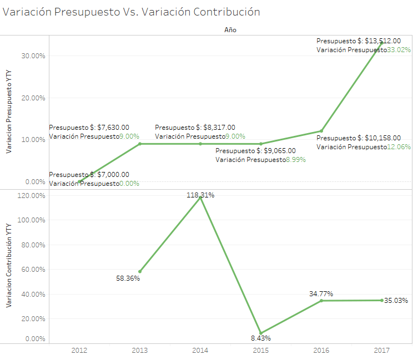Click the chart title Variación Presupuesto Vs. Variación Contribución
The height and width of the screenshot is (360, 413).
pos(132,11)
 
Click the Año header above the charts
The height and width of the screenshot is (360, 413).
pos(230,30)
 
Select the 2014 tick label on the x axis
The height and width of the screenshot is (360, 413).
pos(200,350)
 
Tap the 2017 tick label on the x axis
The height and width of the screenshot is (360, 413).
pos(381,350)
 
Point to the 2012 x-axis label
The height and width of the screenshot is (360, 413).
pos(79,350)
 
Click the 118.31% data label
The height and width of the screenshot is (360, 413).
pos(200,195)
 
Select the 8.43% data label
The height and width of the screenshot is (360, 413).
pos(260,338)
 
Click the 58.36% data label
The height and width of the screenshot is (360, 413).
pos(128,278)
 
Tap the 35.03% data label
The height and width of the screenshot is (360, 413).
pos(396,301)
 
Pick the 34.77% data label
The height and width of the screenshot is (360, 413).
pos(321,293)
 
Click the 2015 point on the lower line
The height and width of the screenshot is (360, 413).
pos(261,333)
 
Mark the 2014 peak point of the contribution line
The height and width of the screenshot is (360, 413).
pos(200,198)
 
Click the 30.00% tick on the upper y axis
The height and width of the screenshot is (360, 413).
pos(32,56)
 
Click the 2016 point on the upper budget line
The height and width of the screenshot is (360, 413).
pos(321,131)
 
